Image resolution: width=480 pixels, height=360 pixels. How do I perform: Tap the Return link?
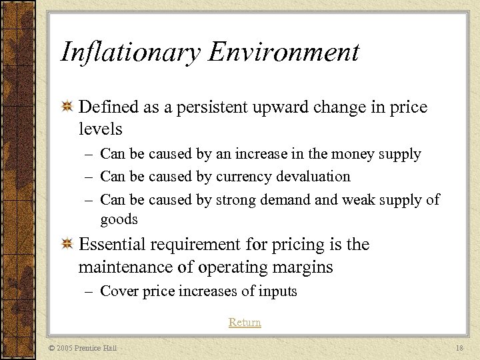pyautogui.click(x=245, y=323)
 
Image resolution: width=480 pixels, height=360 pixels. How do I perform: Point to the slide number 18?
pyautogui.click(x=459, y=349)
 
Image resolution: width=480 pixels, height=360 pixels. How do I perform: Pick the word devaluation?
pyautogui.click(x=313, y=177)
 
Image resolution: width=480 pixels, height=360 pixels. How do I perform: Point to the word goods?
pyautogui.click(x=119, y=220)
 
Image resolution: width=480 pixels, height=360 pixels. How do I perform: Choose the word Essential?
pyautogui.click(x=113, y=245)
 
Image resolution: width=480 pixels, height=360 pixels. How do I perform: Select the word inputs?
pyautogui.click(x=277, y=291)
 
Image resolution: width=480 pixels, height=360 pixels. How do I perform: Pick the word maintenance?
pyautogui.click(x=130, y=268)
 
